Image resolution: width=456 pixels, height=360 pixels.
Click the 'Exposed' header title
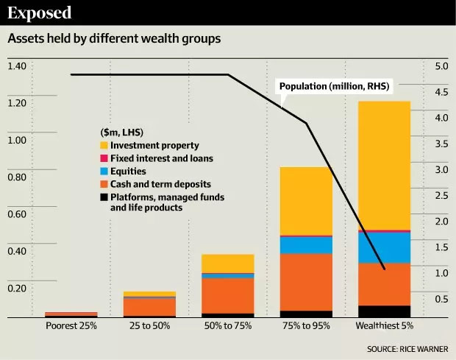(x=40, y=13)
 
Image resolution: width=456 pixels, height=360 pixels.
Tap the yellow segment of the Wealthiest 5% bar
(x=384, y=166)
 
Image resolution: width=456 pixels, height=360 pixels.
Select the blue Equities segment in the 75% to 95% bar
(x=305, y=245)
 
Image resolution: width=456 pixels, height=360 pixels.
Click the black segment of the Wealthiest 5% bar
(x=384, y=311)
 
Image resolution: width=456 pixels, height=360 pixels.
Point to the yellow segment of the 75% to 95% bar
(x=305, y=201)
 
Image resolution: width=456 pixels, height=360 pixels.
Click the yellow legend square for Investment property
(x=104, y=146)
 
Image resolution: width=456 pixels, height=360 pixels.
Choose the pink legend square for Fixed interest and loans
(x=104, y=158)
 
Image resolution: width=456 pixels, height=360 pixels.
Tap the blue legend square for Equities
(x=104, y=171)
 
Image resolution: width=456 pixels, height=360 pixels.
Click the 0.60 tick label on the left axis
(x=16, y=215)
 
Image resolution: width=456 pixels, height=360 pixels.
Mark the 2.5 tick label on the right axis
(x=441, y=196)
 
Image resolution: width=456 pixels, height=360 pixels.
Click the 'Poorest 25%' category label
(x=71, y=325)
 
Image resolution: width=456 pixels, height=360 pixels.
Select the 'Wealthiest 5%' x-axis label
(x=384, y=325)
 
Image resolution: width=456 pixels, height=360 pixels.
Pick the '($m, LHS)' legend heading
(x=122, y=132)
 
